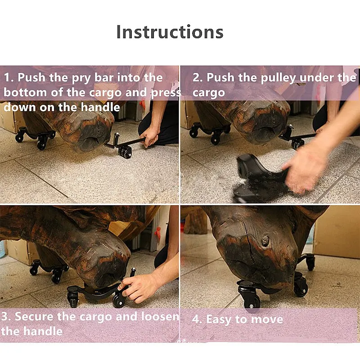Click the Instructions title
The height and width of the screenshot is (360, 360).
point(170,31)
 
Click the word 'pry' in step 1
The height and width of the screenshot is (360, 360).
point(81,78)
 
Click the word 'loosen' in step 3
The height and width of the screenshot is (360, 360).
point(160,316)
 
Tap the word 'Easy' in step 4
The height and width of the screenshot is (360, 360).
point(219,319)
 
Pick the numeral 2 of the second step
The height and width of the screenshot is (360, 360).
point(196,77)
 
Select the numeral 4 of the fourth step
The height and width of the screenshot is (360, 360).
point(196,319)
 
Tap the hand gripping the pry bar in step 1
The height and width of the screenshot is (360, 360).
point(149,138)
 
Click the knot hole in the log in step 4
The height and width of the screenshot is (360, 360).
point(265,242)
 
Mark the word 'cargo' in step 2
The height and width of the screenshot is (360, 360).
point(209,93)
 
